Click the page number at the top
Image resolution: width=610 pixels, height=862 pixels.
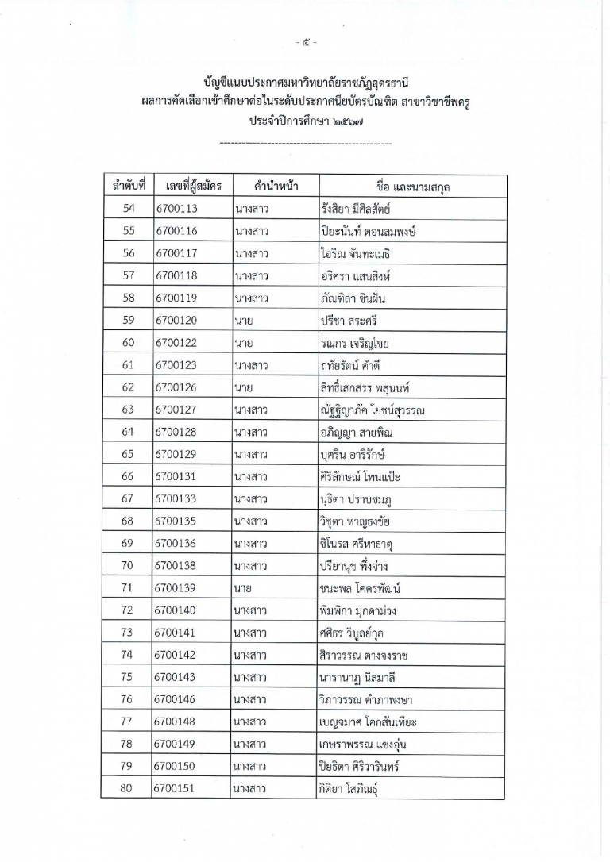click(x=305, y=41)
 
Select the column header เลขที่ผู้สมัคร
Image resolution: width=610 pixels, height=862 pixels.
click(x=189, y=187)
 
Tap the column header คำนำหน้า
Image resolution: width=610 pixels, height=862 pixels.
click(x=272, y=187)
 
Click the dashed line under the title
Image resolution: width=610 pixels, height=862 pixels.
click(x=305, y=144)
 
